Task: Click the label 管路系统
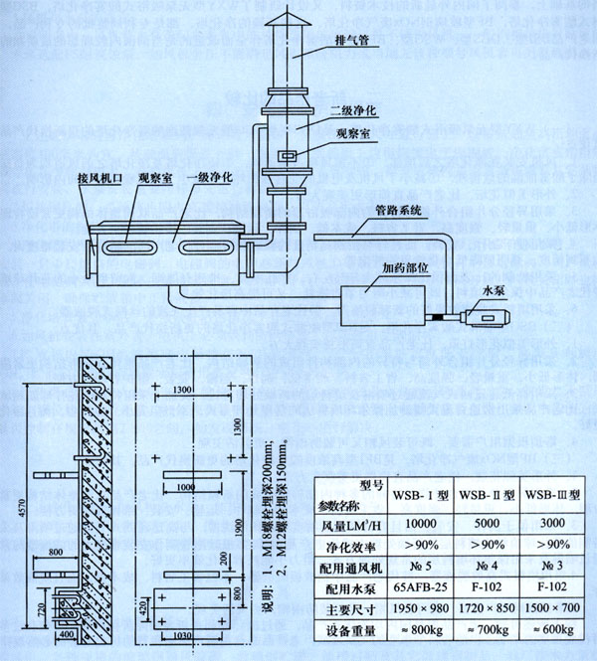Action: [x=400, y=210]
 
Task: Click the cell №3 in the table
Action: [x=553, y=566]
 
